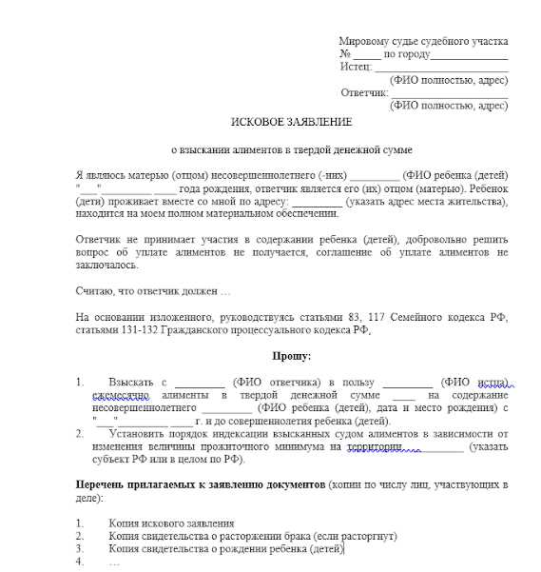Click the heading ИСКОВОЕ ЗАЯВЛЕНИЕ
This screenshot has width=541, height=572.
pyautogui.click(x=292, y=122)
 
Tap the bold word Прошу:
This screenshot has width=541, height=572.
pyautogui.click(x=292, y=355)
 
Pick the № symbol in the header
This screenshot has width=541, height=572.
pyautogui.click(x=345, y=54)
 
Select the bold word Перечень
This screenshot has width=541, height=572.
pyautogui.click(x=102, y=485)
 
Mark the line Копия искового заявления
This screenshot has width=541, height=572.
pyautogui.click(x=171, y=523)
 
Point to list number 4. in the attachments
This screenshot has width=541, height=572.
pyautogui.click(x=80, y=562)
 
